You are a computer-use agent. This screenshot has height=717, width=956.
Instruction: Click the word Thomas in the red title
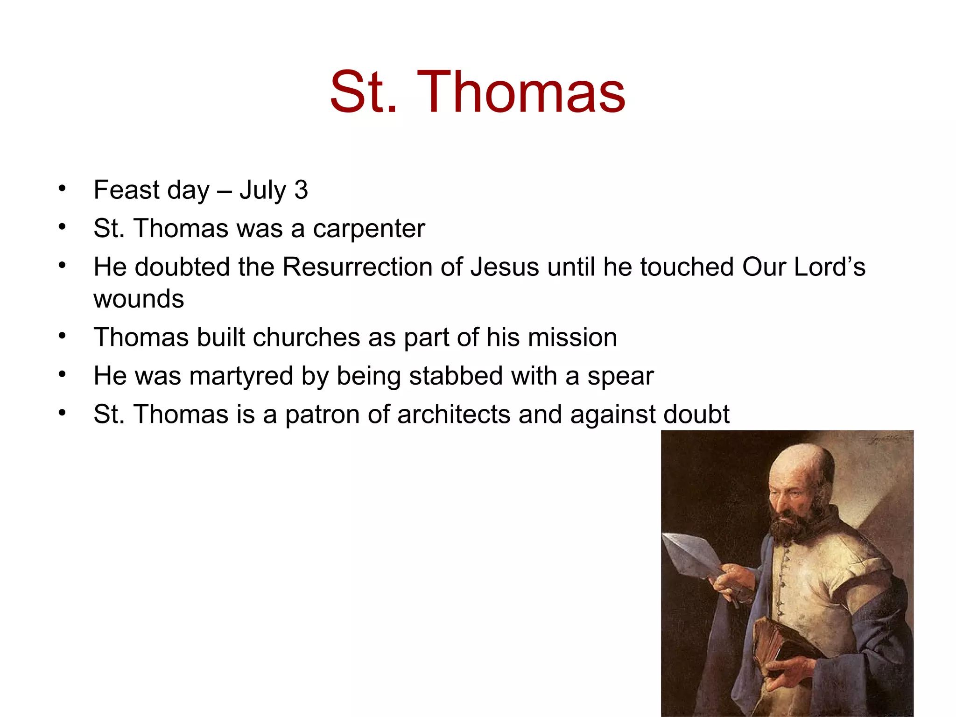[x=521, y=92]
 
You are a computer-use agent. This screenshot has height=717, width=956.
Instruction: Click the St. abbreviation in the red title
[x=363, y=92]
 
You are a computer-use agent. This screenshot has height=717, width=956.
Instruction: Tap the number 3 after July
[x=301, y=190]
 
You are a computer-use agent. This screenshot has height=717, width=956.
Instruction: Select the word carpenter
[x=369, y=229]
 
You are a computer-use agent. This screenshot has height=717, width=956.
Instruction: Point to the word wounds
[x=139, y=299]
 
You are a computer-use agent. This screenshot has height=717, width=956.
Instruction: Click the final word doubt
[x=696, y=414]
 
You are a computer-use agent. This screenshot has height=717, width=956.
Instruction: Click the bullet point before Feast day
[x=62, y=189]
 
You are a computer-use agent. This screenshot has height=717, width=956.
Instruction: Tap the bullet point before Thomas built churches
[x=62, y=336]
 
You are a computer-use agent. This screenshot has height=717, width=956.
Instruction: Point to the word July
[x=263, y=190]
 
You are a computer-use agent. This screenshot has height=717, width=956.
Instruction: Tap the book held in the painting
[x=777, y=647]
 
